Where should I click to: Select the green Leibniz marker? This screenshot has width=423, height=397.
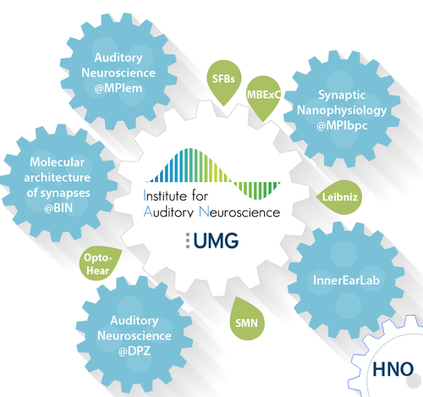pos(339,197)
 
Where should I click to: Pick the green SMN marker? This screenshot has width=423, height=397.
pos(246,320)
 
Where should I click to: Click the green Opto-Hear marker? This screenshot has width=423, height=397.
pos(99,264)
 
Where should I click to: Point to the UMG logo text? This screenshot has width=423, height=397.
pos(216,240)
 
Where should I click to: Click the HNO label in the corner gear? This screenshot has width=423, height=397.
pos(393,369)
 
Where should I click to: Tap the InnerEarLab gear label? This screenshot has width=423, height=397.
pos(346,280)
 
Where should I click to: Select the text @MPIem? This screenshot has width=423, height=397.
pos(118,88)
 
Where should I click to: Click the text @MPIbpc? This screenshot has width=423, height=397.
pos(342,125)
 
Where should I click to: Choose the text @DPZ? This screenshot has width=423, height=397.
pos(135,351)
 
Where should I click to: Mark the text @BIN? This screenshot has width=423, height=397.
pos(58,208)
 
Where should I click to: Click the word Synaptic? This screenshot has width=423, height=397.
pos(342,95)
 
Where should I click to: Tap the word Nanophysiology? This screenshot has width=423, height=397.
pos(342,110)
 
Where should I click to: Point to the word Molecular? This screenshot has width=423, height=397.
pos(58,163)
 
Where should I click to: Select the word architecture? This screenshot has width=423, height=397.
pos(58,178)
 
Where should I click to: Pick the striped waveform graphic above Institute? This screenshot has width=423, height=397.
pos(213,174)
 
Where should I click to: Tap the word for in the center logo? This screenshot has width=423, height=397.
pos(200,196)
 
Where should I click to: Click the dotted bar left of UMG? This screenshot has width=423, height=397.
pos(188,240)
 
